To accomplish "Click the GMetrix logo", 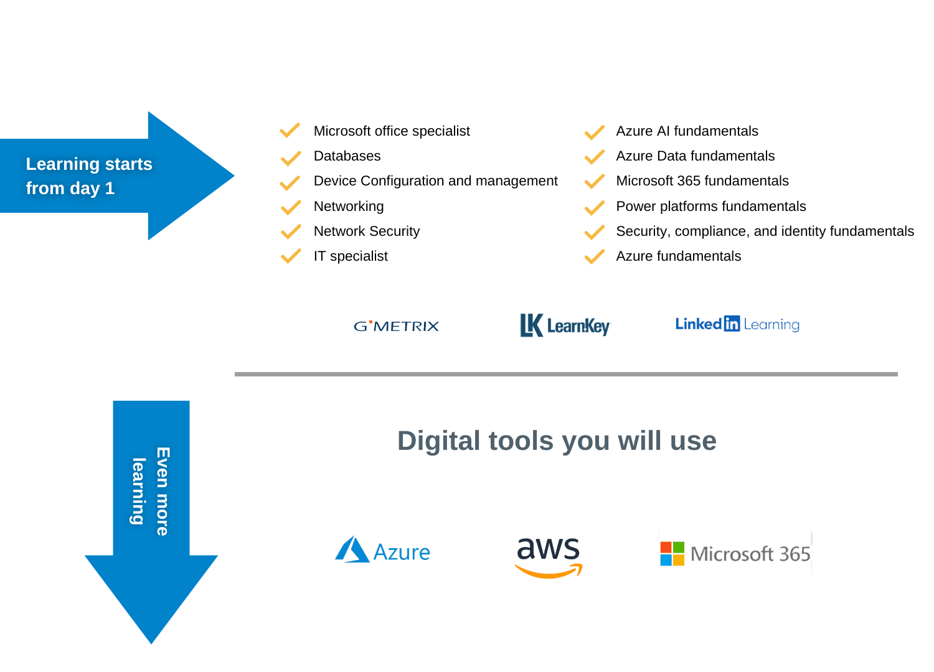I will [396, 326].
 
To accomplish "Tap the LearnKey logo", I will [565, 325].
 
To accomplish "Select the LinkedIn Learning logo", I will [737, 324].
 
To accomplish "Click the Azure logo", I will [383, 551].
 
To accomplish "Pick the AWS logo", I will [549, 556].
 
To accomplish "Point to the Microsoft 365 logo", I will [735, 553].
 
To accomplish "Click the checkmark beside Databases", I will [290, 157].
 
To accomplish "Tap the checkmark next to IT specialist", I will [290, 256].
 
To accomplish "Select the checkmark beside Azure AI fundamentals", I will [594, 132].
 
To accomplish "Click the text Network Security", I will [366, 231].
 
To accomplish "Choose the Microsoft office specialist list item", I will [391, 131].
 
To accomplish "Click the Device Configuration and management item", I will [435, 181].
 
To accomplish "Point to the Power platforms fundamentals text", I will [710, 207].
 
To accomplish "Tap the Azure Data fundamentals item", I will [695, 156].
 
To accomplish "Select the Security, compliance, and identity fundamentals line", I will [765, 231].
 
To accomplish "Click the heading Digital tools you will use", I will [557, 441].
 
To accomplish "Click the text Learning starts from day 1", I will [88, 176].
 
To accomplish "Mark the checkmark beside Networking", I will [290, 207].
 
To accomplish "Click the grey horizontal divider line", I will [566, 374].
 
